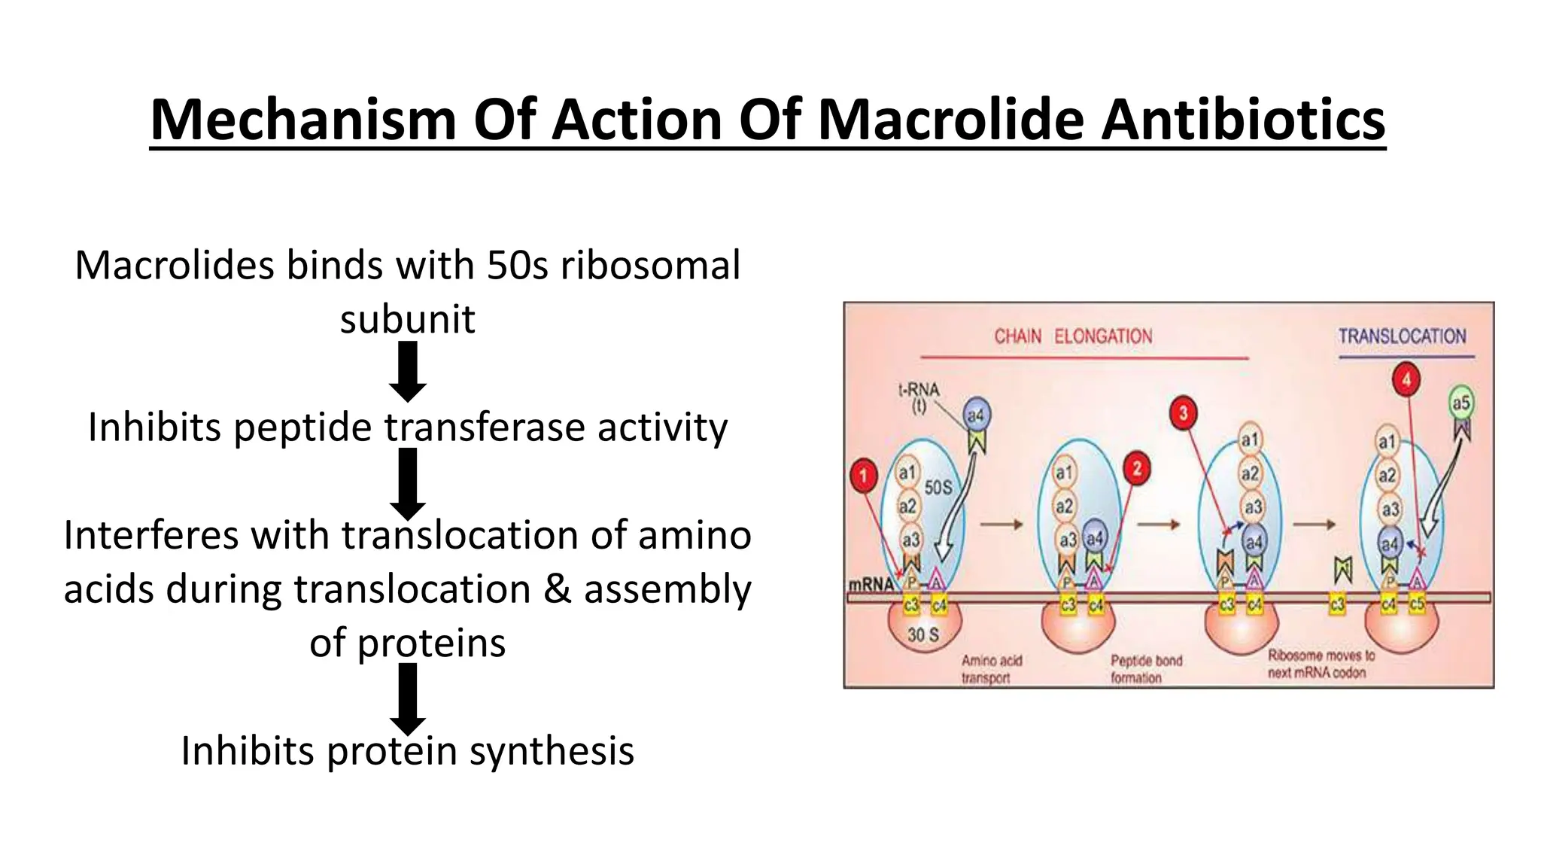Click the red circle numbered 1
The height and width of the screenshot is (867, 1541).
[864, 475]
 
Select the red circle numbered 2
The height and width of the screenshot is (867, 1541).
[1136, 469]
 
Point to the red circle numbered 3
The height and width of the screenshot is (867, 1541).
[1184, 412]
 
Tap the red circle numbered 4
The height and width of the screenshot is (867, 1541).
[1406, 379]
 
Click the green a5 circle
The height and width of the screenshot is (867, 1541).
[1460, 403]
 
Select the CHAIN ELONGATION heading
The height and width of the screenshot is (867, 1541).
[1073, 336]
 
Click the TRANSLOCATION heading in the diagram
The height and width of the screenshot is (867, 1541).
[1402, 336]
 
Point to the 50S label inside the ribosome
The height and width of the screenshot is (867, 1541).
[938, 488]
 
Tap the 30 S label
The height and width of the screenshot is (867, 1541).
[922, 635]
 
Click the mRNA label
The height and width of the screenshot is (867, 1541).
[871, 584]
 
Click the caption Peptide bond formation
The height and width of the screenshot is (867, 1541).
[1145, 669]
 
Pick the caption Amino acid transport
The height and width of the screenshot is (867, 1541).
[992, 669]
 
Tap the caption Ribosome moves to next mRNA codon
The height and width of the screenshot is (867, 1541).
[1321, 664]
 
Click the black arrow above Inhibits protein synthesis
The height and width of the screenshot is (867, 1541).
[408, 699]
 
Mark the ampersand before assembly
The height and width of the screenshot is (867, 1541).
[557, 589]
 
